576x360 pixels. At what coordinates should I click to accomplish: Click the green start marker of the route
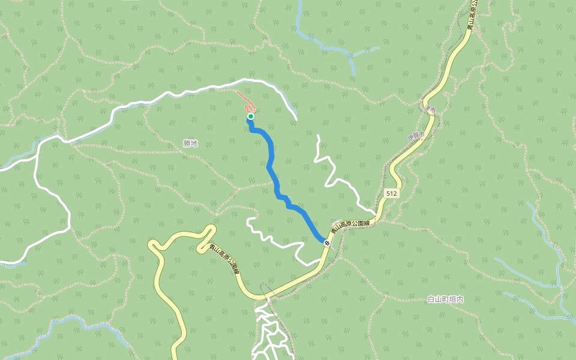tap(251, 116)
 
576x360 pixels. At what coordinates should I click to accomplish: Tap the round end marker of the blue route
tap(326, 242)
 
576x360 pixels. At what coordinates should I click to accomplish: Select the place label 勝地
tap(190, 143)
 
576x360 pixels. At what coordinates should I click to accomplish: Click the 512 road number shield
tap(391, 194)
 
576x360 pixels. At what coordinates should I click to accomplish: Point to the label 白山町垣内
tap(446, 299)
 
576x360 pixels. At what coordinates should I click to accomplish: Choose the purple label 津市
tap(429, 109)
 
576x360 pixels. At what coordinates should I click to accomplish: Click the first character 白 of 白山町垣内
tap(431, 299)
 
